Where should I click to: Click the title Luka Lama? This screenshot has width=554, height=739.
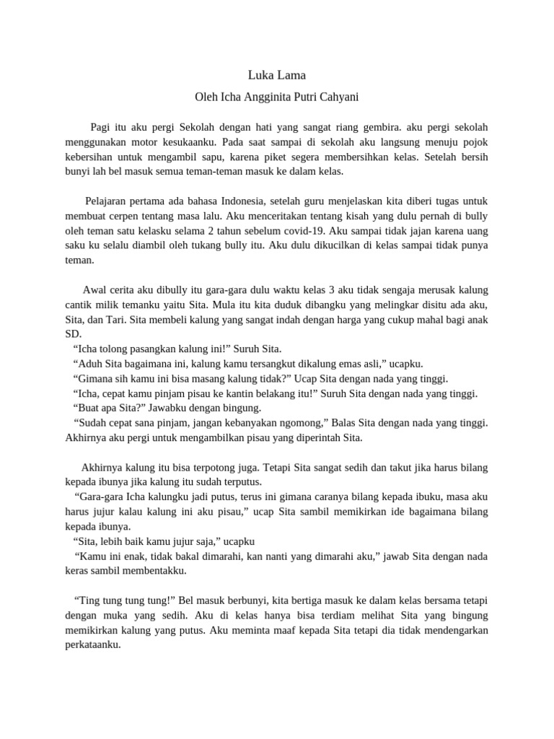click(x=277, y=74)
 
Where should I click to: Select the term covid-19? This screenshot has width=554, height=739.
click(x=305, y=231)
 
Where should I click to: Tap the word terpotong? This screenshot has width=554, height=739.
click(x=234, y=467)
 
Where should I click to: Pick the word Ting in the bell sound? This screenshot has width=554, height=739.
click(x=89, y=600)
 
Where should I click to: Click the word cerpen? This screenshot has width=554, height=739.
click(x=128, y=216)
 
